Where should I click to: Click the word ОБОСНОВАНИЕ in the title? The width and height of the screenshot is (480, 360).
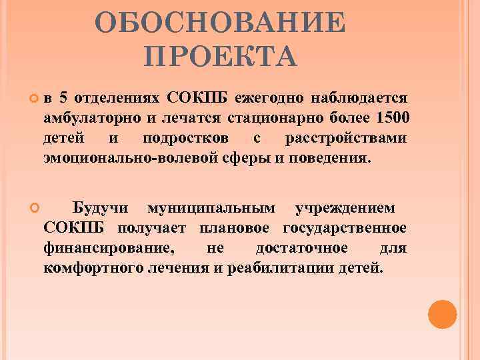point(220,25)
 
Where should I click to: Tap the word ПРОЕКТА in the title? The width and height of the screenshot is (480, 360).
point(220,57)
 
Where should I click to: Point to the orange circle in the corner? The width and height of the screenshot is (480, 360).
point(442,313)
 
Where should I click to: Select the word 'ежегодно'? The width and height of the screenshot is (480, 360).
point(269,99)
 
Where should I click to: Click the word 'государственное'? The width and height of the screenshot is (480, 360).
point(344,229)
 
